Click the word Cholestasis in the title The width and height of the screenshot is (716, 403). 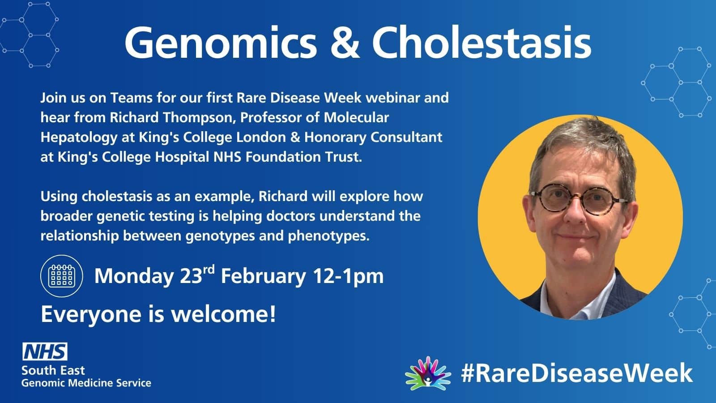point(482,43)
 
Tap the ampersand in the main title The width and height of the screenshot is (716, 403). point(345,43)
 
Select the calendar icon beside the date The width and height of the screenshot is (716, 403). point(62,276)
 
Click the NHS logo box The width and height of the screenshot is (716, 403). point(45,352)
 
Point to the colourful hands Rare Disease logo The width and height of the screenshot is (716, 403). point(428,373)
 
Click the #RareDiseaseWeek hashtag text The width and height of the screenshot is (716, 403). point(577,373)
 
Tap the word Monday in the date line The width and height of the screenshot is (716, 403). point(134,276)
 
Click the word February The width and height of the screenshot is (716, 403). point(263,276)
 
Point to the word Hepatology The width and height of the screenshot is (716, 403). point(79,137)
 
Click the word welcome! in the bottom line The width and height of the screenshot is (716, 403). point(223,314)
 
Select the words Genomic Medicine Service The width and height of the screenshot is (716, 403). point(86,383)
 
